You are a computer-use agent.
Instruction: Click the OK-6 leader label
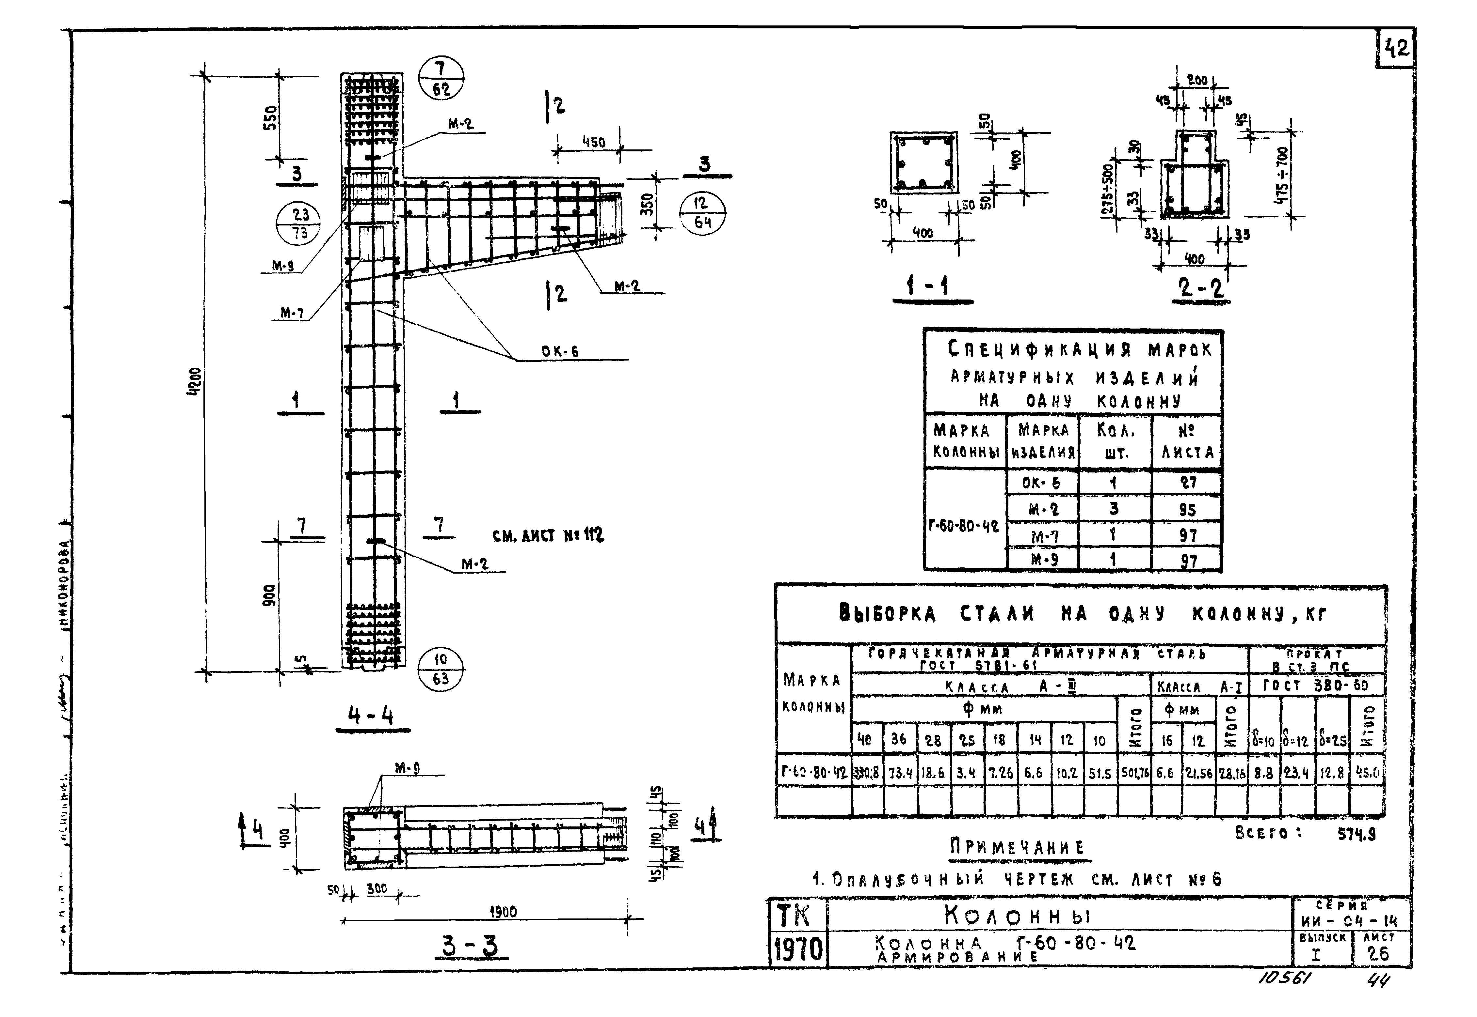559,351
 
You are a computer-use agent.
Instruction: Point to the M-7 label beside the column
292,313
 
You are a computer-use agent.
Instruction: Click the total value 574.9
1357,834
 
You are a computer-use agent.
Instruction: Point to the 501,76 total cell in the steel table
1134,773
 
